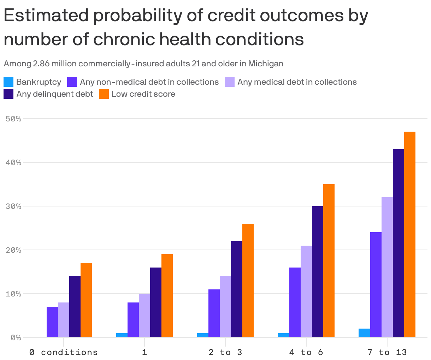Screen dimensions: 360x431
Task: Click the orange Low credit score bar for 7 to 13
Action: point(410,234)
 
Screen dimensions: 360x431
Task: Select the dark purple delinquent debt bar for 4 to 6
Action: point(318,272)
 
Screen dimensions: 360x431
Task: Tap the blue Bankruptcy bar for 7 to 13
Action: point(364,333)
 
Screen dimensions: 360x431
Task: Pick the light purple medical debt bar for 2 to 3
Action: point(225,307)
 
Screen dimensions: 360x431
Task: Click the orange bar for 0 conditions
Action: point(86,300)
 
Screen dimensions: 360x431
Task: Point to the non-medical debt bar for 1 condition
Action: point(133,320)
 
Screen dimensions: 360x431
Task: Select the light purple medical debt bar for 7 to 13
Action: point(387,267)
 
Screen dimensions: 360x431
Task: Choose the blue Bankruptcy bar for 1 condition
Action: point(122,335)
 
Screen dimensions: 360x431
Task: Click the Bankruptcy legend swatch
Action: point(8,82)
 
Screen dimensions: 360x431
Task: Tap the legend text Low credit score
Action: point(143,94)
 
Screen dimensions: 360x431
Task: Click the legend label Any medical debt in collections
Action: point(297,82)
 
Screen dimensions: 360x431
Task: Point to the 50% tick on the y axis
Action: point(14,119)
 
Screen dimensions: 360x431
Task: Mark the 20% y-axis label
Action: point(14,250)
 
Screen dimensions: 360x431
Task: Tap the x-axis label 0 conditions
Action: point(64,352)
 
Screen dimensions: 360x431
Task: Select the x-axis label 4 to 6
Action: point(306,352)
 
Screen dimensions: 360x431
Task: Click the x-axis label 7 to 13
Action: point(387,352)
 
